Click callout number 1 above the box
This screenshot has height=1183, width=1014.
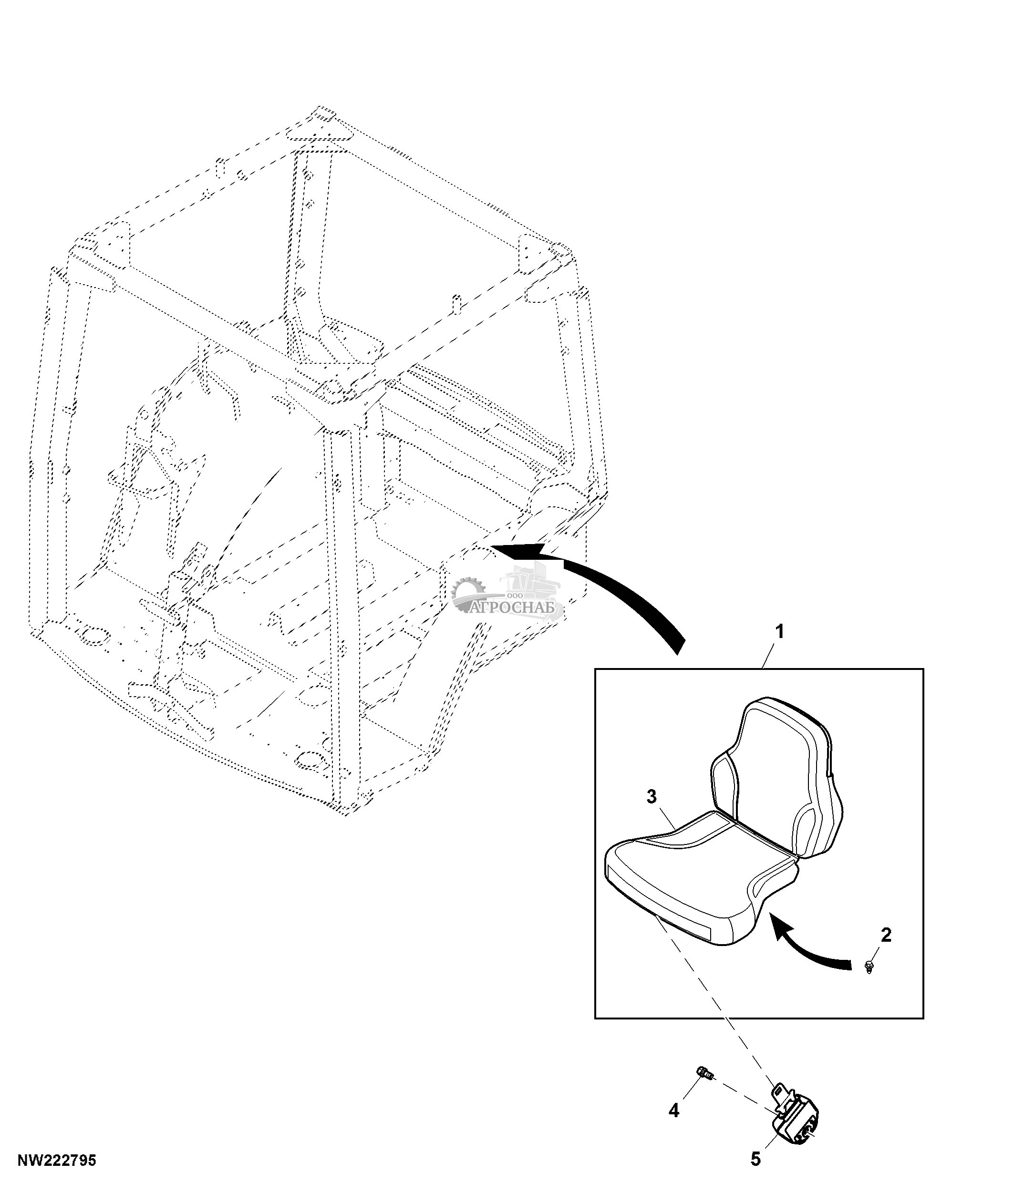coord(779,632)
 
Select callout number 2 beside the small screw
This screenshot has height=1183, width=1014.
coord(886,935)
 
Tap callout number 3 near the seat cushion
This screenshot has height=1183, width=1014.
coord(652,796)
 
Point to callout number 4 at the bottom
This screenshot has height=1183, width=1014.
coord(674,1111)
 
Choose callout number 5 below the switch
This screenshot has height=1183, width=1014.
coord(755,1159)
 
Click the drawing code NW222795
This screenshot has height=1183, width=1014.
coord(57,1161)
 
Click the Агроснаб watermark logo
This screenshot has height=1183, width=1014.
coord(507,594)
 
